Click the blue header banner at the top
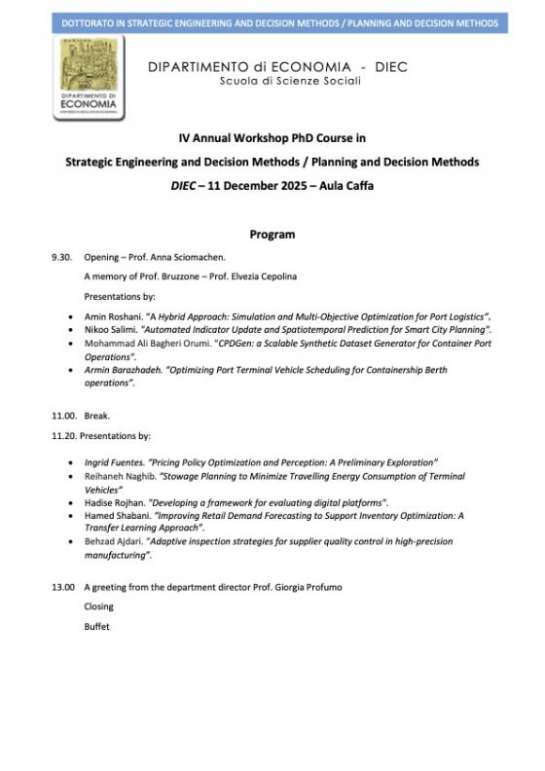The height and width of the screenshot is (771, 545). click(272, 21)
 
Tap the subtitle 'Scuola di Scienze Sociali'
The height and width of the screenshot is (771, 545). click(276, 81)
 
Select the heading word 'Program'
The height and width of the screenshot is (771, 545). click(272, 235)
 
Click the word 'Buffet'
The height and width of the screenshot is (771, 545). click(97, 627)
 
